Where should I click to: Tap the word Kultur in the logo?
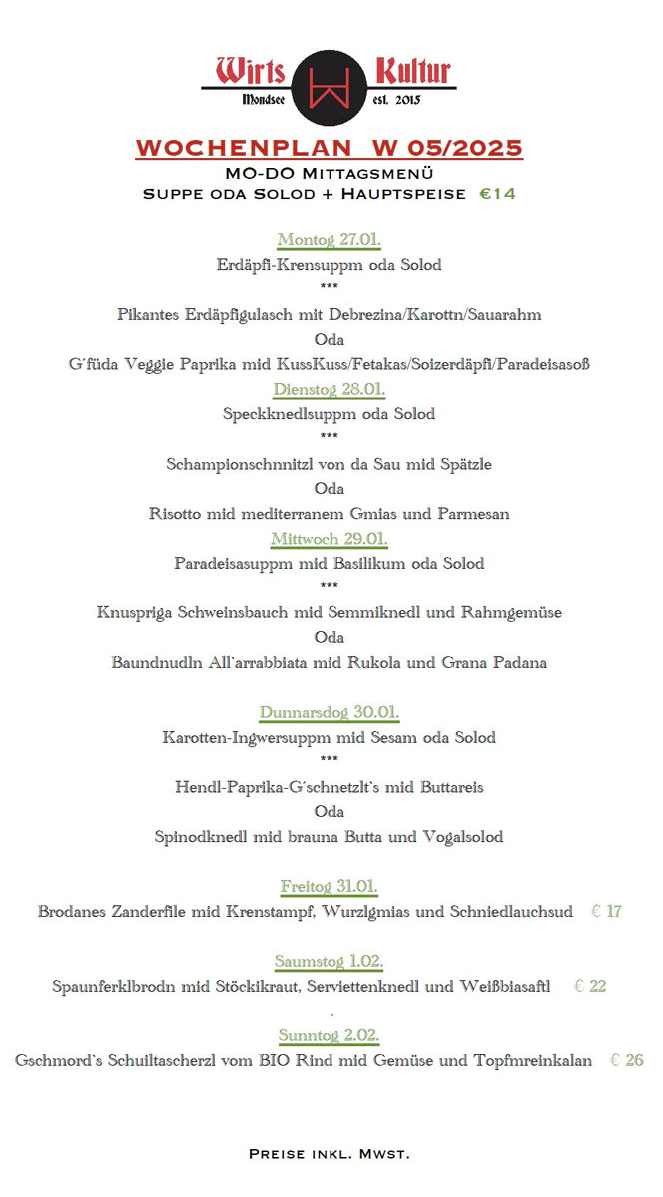pyautogui.click(x=412, y=72)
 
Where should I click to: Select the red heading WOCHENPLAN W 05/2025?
pyautogui.click(x=329, y=148)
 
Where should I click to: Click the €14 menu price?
pyautogui.click(x=497, y=194)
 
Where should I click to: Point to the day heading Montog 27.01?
pyautogui.click(x=330, y=240)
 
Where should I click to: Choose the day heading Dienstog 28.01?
pyautogui.click(x=329, y=389)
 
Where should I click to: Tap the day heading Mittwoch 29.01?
pyautogui.click(x=329, y=539)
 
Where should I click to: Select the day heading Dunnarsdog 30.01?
pyautogui.click(x=329, y=712)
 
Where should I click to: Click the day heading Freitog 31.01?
pyautogui.click(x=329, y=886)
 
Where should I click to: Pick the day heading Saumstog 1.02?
pyautogui.click(x=329, y=961)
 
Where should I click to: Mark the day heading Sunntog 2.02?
pyautogui.click(x=329, y=1035)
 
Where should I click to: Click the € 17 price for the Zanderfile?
pyautogui.click(x=606, y=911)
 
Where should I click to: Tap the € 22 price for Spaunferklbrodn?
pyautogui.click(x=590, y=986)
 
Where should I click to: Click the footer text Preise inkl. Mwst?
pyautogui.click(x=329, y=1154)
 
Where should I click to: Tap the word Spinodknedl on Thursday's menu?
pyautogui.click(x=201, y=837)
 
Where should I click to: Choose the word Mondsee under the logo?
pyautogui.click(x=264, y=100)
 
